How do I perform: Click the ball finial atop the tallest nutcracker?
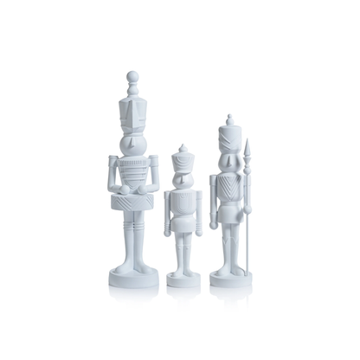coord(132,76)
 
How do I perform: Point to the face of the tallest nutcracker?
coord(132,142)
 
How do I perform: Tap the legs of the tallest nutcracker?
coord(132,238)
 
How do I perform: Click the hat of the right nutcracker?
coord(228,134)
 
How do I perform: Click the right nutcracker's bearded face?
coord(228,161)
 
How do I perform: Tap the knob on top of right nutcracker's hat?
coord(228,117)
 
